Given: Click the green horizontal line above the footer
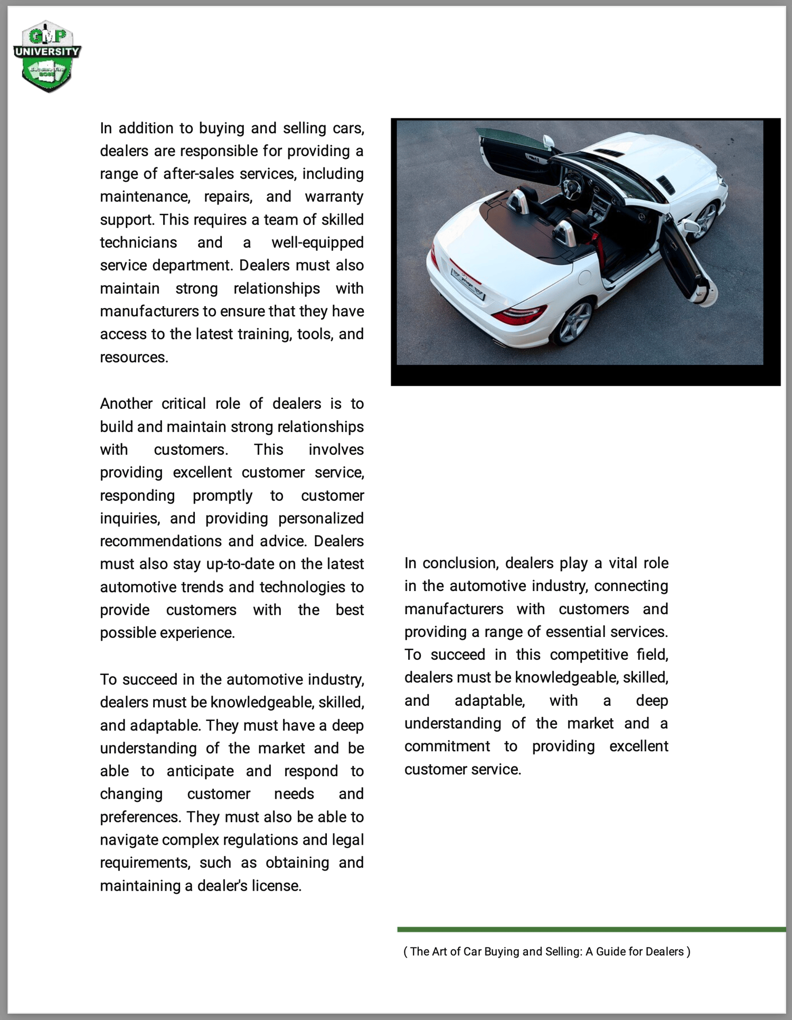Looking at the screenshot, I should (591, 929).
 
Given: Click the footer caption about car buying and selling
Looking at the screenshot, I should (546, 951).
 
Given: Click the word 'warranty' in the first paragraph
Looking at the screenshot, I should (334, 196).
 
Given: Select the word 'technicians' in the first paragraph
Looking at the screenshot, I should (138, 242).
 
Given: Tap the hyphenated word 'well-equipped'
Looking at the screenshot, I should (317, 242).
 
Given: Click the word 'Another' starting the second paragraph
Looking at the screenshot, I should (126, 404).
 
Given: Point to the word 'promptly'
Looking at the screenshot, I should (222, 495).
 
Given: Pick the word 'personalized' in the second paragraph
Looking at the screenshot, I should (320, 518).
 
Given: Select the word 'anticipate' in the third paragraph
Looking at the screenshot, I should (200, 771).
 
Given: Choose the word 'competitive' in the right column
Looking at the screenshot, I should (589, 655).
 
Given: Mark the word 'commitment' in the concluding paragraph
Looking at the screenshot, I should (447, 746).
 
